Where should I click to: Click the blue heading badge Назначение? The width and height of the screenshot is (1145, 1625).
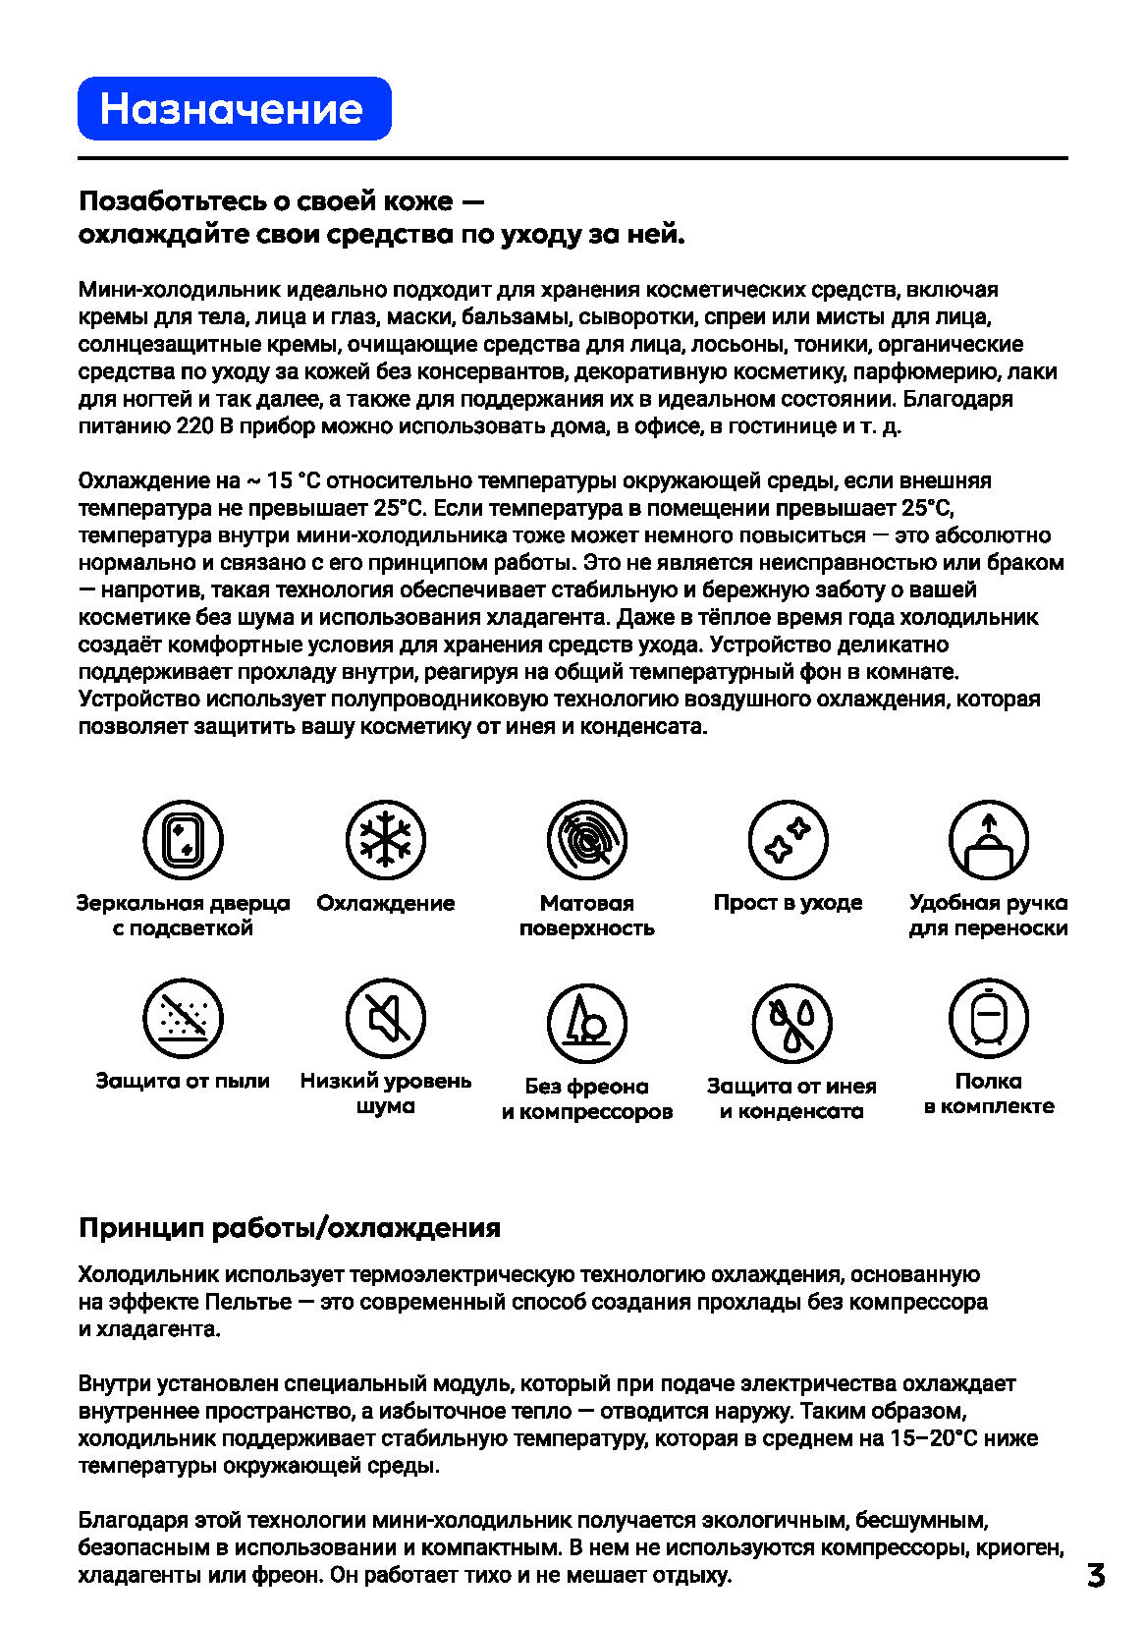point(234,108)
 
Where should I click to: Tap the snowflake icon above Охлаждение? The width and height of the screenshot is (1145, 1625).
point(385,840)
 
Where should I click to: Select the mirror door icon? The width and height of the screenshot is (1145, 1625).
point(183,840)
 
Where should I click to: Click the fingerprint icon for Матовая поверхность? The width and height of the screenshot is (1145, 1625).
point(587,840)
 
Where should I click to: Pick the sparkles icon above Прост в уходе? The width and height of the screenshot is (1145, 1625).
point(788,840)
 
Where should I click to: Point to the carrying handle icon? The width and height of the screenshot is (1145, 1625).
point(988,840)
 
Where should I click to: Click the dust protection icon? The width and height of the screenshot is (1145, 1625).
point(183,1019)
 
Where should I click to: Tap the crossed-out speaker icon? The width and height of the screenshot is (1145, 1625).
point(385,1019)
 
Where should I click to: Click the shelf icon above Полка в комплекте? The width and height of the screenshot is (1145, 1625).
point(988,1019)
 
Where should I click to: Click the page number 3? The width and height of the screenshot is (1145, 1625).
point(1096,1575)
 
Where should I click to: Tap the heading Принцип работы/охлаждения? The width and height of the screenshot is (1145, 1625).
point(290,1228)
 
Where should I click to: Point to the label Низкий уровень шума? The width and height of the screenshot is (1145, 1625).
point(385,1093)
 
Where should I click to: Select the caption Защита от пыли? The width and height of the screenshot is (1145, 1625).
point(183,1081)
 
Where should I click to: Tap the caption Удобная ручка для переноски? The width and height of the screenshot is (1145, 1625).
point(988,915)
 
